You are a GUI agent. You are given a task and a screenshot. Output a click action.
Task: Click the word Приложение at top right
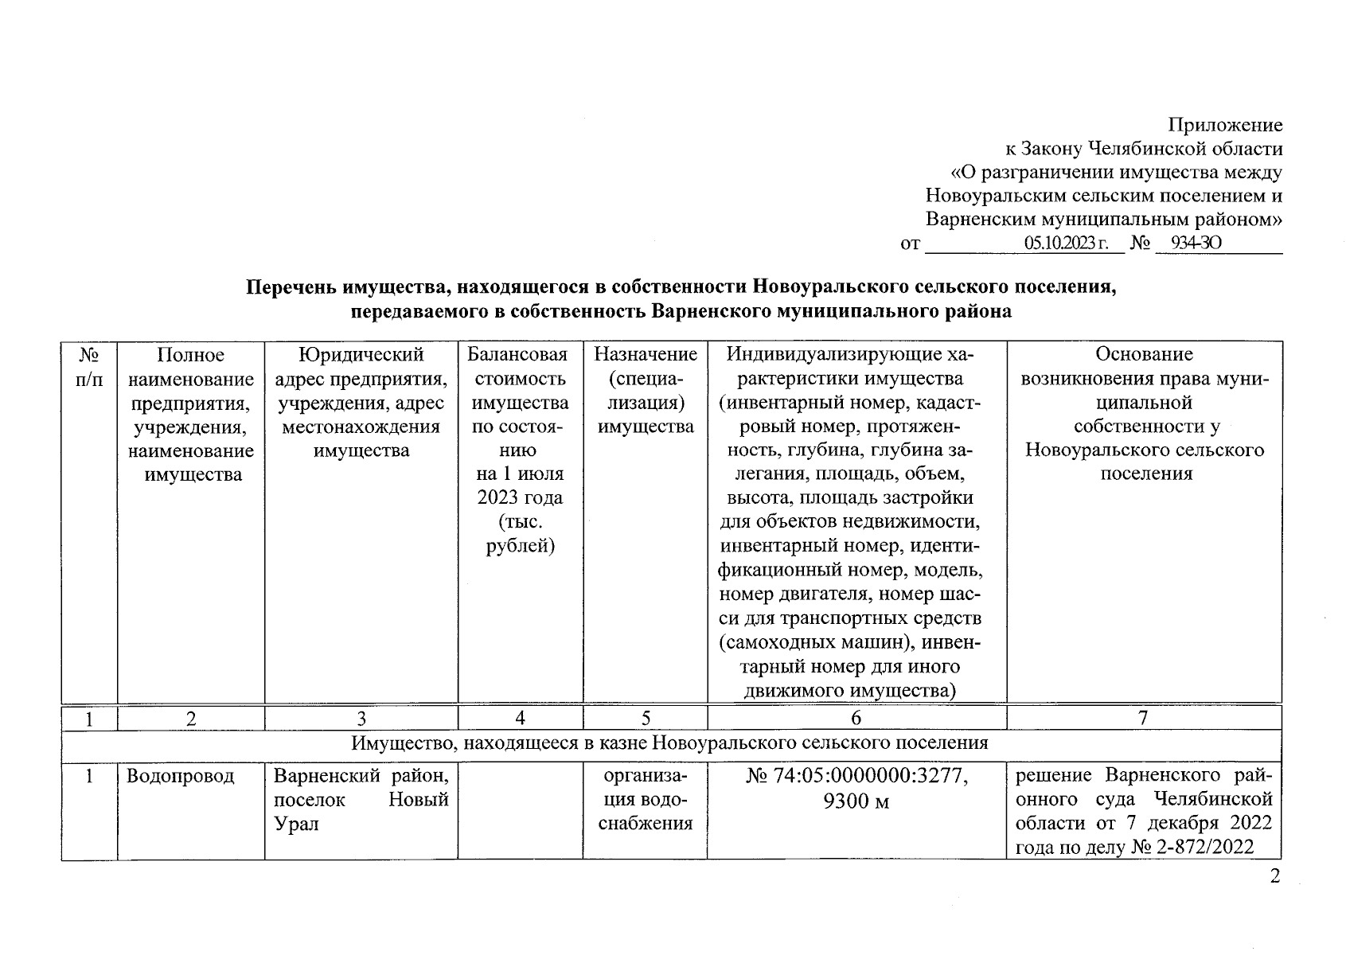click(1225, 125)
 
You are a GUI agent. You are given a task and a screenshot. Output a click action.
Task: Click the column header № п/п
click(89, 367)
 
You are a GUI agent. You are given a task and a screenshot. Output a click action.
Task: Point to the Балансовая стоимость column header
click(520, 450)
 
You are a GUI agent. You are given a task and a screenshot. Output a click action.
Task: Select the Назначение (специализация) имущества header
click(646, 390)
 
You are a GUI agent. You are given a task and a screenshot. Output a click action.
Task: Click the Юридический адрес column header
click(361, 402)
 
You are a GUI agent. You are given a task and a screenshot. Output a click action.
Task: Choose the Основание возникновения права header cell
click(1144, 414)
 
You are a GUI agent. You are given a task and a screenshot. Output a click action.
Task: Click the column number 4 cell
click(520, 719)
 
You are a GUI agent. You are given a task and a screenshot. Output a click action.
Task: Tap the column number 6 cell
click(856, 719)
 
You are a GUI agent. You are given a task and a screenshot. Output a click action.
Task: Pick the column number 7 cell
click(1143, 719)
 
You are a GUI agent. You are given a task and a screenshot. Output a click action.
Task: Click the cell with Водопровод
click(181, 776)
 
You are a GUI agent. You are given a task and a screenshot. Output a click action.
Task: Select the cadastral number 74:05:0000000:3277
click(868, 776)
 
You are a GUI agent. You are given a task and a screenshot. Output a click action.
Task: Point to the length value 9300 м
click(856, 801)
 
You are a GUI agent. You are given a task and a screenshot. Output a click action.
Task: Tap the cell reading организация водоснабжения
click(646, 800)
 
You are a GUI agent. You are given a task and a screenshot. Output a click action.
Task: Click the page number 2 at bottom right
click(1275, 878)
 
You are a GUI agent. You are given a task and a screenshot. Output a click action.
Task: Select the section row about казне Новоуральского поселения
click(670, 743)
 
